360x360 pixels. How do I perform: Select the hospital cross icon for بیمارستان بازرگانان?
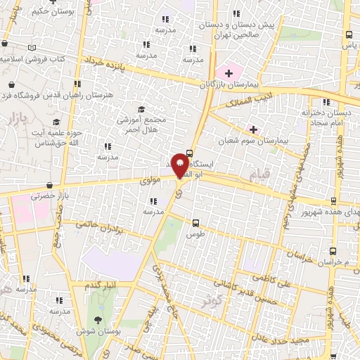tap(229, 73)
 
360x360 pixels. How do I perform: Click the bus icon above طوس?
tap(195, 224)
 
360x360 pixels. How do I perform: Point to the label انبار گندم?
tap(101, 285)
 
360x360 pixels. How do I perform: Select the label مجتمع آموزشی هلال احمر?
tap(143, 124)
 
